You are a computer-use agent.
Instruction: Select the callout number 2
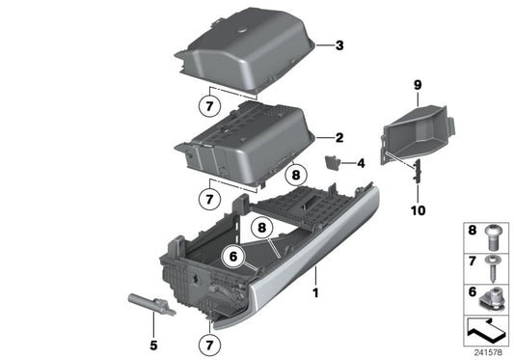coord(338,138)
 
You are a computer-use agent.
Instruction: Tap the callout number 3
coord(338,44)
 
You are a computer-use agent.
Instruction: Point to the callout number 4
coord(361,164)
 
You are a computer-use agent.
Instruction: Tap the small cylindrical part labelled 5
coord(150,304)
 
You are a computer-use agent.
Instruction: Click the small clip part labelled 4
coord(334,164)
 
